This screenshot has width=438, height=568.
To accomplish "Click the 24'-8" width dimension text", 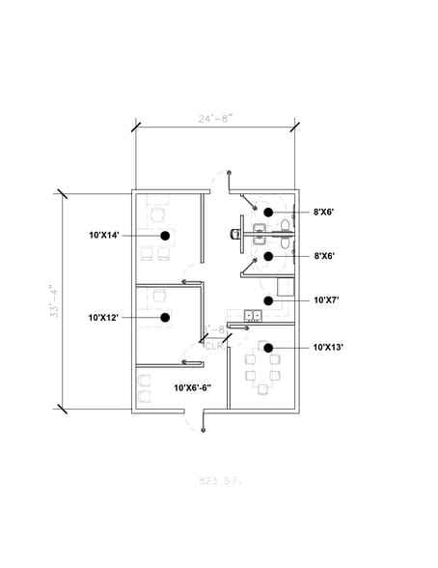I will (215, 119).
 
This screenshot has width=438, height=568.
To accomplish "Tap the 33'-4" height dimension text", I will (55, 300).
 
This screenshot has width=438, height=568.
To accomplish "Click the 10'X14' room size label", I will (103, 235).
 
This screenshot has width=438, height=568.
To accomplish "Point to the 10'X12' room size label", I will (103, 317).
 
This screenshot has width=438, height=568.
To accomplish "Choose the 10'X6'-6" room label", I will (192, 386).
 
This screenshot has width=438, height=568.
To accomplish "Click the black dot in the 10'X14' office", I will (166, 235).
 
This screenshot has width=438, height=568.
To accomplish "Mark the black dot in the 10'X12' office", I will (166, 317).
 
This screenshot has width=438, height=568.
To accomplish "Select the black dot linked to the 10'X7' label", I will (269, 300).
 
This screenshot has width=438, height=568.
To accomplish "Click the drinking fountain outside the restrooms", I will (236, 232).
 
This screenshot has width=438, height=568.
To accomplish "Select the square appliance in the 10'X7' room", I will (285, 286).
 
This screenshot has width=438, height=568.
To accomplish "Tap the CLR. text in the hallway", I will (214, 346).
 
